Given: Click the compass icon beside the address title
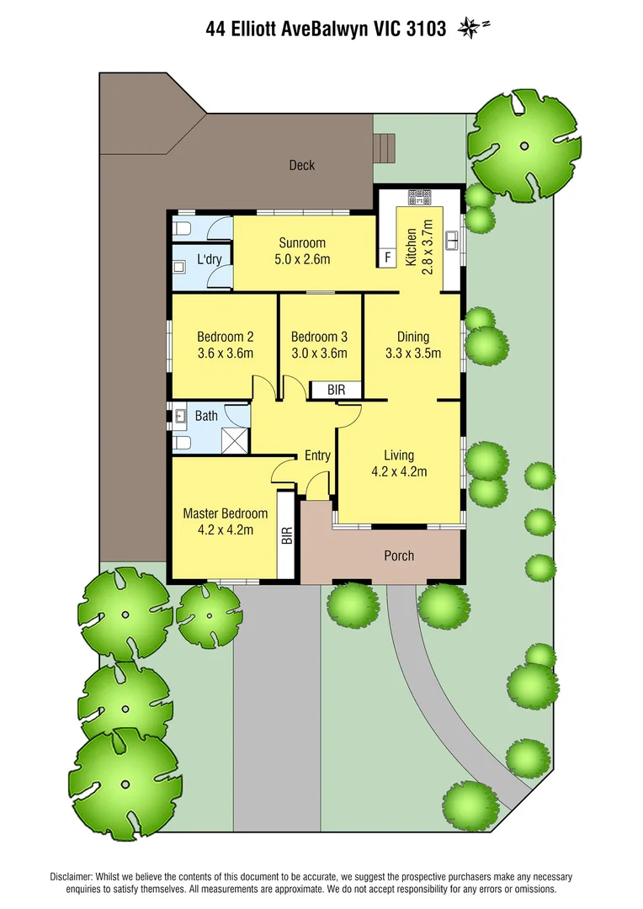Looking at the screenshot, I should coord(470,29).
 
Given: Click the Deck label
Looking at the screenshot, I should coord(301,165).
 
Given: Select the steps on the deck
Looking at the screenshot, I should coord(385,148).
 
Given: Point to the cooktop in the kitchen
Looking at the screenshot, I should coord(418,199).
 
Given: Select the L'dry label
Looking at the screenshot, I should coord(209,259).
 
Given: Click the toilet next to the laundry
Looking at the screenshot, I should coord(182,228).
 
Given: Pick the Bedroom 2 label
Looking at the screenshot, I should coord(225,337).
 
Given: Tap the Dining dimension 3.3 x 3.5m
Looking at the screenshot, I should coord(412,353).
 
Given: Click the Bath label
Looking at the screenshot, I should coord(206,416).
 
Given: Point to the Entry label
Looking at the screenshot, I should coord(317,456).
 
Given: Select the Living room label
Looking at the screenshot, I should coord(399,455).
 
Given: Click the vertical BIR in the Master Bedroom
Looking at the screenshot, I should coord(286,536).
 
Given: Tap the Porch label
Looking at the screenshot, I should coord(398,555).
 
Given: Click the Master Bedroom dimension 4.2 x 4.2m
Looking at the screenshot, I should coord(225,530).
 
